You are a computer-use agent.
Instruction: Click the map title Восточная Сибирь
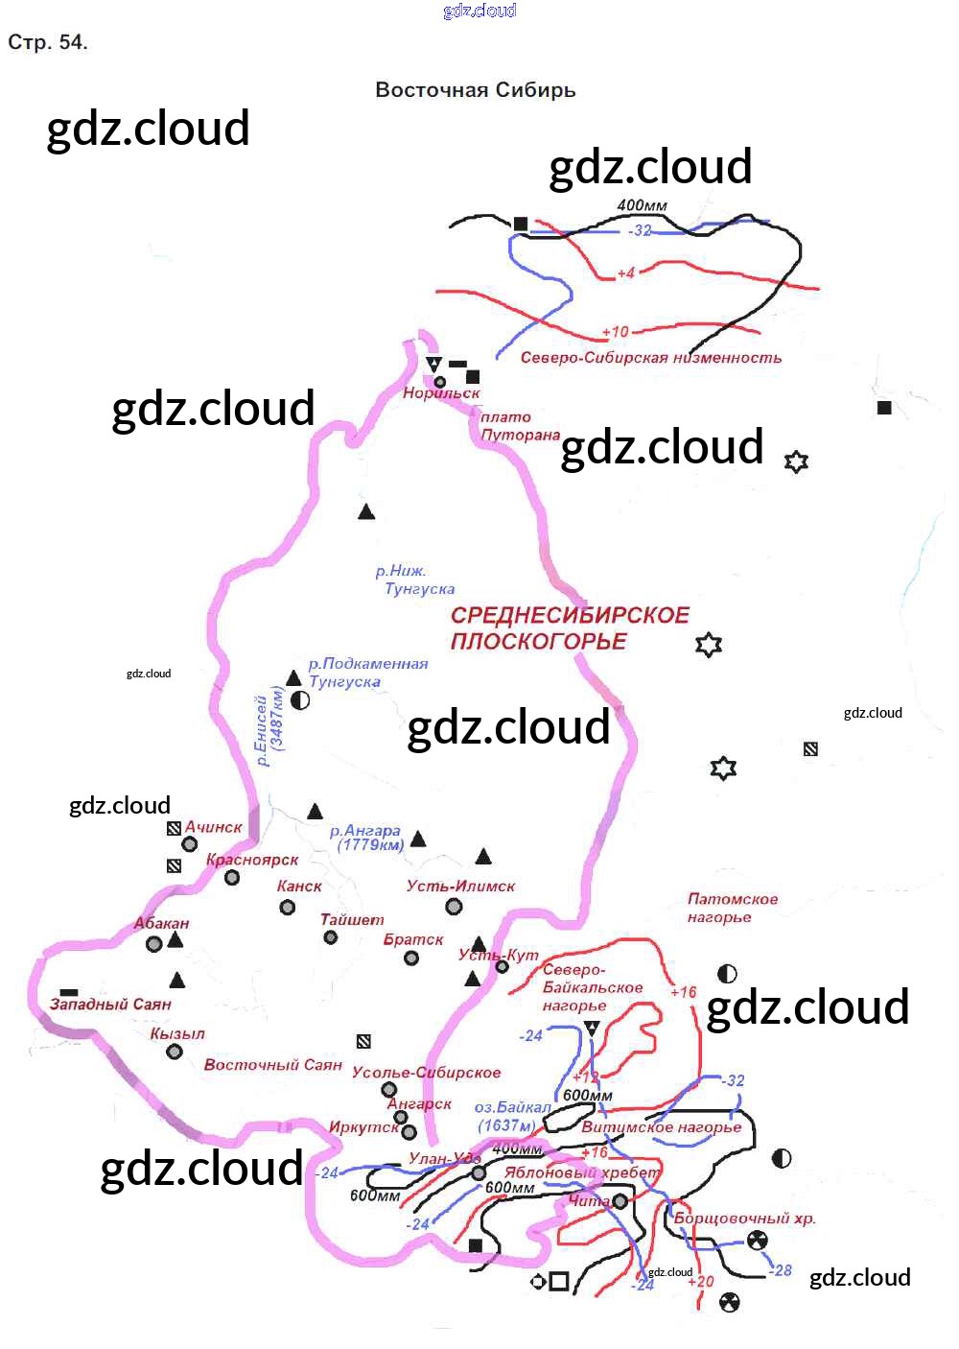coord(475,90)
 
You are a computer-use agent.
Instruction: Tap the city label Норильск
coord(441,393)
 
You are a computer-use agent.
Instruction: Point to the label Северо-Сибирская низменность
coord(650,358)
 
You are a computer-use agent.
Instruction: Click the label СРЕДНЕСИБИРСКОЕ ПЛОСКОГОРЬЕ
coord(569,628)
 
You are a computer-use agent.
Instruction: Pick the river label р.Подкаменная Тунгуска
coord(367,673)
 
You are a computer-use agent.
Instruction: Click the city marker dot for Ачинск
coord(190,844)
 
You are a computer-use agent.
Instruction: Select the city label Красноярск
coord(252,860)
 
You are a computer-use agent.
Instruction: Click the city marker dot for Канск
coord(287,907)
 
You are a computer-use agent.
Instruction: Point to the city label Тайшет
coord(352,919)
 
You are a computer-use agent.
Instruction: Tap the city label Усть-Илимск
coord(460,886)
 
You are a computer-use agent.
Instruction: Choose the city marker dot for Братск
coord(411,958)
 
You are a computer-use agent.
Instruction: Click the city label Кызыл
coord(177,1034)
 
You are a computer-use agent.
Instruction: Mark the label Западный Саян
coord(110,1005)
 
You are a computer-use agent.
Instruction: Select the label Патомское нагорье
coord(732,909)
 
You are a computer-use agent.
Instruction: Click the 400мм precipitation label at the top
coord(642,205)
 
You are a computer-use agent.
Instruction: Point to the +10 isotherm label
coord(615,332)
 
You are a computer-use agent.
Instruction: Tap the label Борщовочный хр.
coord(744,1219)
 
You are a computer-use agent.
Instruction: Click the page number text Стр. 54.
coord(48,42)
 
